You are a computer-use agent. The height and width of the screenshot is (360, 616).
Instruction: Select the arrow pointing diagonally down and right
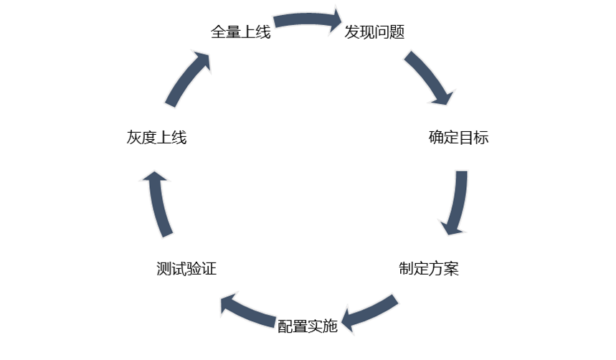(x=428, y=77)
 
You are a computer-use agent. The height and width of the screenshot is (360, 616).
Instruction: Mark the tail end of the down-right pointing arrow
(x=409, y=56)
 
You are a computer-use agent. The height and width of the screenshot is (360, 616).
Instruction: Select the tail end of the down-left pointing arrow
(x=397, y=298)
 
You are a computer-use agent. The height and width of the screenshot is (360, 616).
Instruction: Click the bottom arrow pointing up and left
(x=248, y=310)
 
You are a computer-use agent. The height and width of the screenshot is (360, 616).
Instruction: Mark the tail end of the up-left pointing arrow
(x=276, y=322)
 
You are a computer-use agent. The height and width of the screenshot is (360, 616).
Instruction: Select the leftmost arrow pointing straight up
(x=159, y=204)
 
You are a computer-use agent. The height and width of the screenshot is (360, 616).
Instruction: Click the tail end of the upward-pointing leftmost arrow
(x=167, y=234)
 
